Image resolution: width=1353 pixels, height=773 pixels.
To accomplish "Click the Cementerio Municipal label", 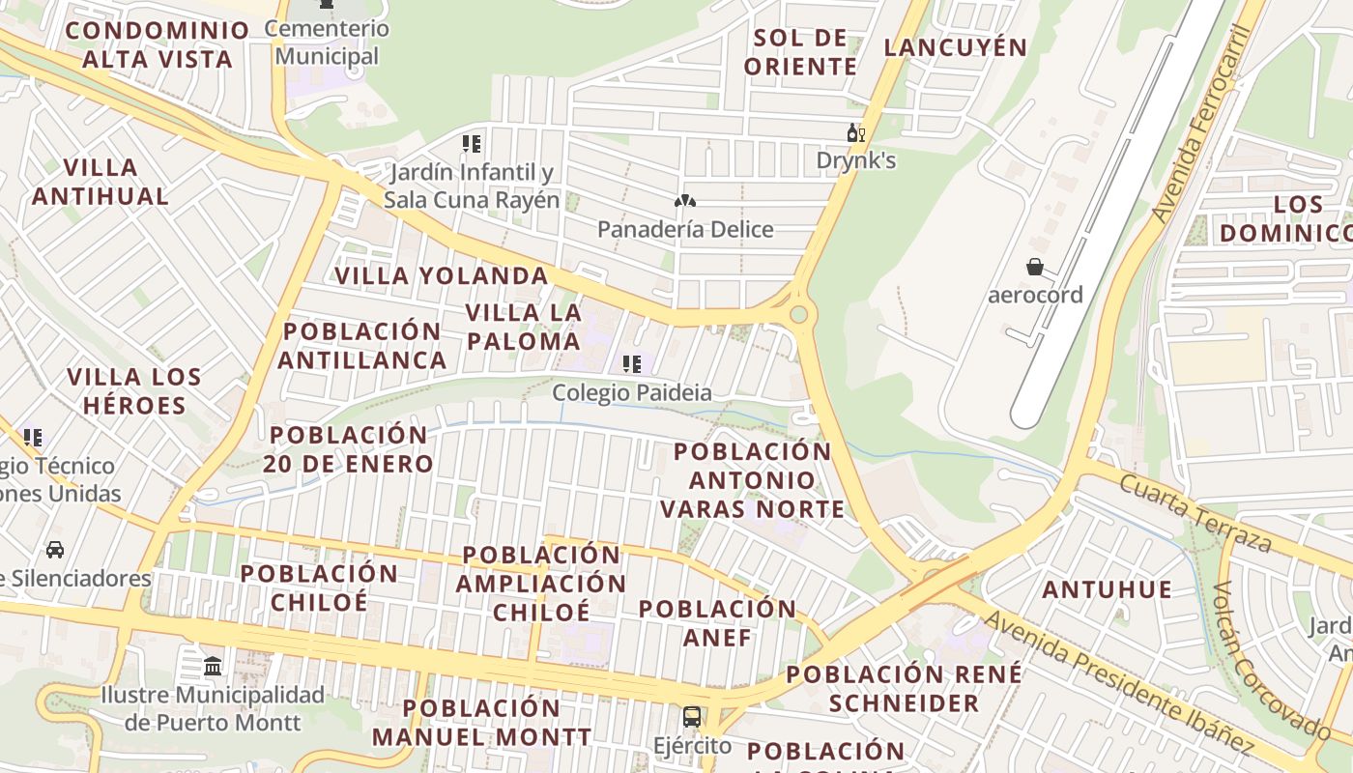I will (327, 43).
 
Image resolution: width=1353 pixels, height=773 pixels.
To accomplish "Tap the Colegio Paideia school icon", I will (632, 364).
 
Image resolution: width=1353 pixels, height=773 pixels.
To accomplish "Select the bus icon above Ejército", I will (692, 717).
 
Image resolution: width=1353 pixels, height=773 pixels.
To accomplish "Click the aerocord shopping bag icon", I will (1035, 266).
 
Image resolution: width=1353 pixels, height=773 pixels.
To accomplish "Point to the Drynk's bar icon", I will (855, 133).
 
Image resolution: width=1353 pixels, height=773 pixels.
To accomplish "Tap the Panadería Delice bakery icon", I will (685, 201).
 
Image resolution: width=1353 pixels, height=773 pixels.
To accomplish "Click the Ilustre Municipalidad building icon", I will (213, 666).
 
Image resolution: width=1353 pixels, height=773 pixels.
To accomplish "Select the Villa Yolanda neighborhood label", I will (442, 275).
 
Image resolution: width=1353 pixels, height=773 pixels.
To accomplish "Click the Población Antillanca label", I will (363, 345).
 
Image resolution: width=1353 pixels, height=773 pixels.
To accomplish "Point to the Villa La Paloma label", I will (524, 327).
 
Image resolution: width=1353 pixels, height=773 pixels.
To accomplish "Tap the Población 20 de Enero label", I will (348, 449).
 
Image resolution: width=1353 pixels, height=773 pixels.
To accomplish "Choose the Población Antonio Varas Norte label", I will (753, 480).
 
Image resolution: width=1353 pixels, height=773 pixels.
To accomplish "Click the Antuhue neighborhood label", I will (1108, 588).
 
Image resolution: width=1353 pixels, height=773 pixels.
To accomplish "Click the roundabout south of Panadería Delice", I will (798, 314).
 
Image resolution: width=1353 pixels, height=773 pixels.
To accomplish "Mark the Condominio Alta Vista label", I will (158, 44).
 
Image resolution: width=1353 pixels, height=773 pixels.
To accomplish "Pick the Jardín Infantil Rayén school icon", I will (472, 144).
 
